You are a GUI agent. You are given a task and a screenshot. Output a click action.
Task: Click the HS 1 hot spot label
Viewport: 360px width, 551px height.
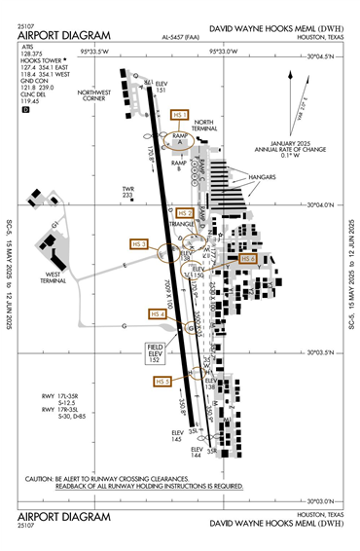point(179,115)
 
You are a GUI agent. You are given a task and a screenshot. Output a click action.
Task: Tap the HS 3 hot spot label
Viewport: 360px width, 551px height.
point(137,243)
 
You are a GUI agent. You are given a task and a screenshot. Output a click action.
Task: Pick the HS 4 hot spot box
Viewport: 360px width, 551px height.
point(156,314)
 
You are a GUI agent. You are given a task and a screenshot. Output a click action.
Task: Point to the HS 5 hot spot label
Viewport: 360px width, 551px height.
point(162,382)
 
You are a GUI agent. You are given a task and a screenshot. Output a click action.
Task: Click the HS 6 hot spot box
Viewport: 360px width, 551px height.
point(247,259)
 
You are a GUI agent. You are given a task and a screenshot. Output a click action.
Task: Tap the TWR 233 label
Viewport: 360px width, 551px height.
point(127,192)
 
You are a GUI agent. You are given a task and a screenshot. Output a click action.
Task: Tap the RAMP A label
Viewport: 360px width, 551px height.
point(178,140)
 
